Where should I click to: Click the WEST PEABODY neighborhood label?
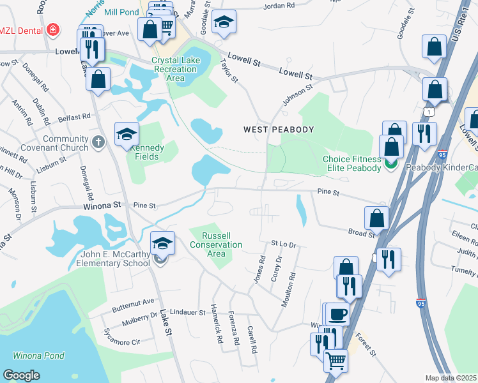(279, 130)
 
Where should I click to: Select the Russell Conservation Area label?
(217, 244)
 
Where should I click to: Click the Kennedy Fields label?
(147, 152)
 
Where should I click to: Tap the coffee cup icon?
(338, 313)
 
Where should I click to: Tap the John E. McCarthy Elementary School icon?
(162, 243)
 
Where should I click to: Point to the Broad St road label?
(362, 234)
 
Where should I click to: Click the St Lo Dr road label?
(284, 243)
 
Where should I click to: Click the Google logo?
(22, 375)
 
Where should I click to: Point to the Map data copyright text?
(451, 378)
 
